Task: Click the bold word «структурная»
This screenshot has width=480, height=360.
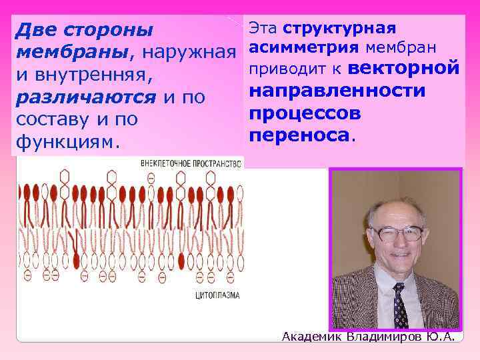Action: point(339,28)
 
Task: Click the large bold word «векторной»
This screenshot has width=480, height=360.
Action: point(403,69)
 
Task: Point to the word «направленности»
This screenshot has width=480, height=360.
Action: point(336,91)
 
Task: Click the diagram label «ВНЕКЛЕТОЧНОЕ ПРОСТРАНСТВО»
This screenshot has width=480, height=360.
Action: point(190,162)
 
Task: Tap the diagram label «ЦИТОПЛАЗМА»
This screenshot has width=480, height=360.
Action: point(217,293)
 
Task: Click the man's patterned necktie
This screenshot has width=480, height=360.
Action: point(400,306)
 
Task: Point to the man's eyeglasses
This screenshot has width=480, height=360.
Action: point(398,233)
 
